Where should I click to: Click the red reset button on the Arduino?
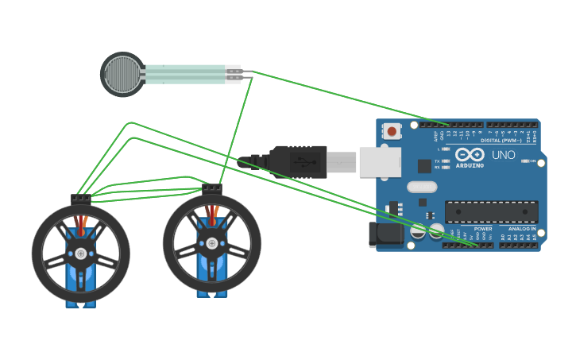(x=391, y=131)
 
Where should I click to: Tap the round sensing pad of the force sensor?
(x=122, y=74)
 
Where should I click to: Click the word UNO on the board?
(x=503, y=155)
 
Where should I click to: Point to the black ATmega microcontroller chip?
(x=491, y=211)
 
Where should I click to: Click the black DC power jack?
(x=387, y=234)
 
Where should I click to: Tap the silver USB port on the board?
(x=380, y=162)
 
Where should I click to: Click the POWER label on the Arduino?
(x=482, y=229)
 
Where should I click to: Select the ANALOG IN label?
(x=521, y=229)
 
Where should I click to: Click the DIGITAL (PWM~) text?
(x=501, y=141)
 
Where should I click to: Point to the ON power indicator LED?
(x=525, y=161)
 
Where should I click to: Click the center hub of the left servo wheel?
(x=80, y=254)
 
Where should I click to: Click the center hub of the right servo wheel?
(x=211, y=243)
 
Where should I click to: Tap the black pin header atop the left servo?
(x=80, y=199)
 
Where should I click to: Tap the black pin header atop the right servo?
(x=212, y=188)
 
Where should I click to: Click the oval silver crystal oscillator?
(x=422, y=188)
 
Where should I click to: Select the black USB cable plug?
(x=298, y=161)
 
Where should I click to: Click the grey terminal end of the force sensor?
(x=232, y=74)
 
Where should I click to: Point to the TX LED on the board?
(x=446, y=161)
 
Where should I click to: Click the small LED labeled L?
(x=446, y=149)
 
